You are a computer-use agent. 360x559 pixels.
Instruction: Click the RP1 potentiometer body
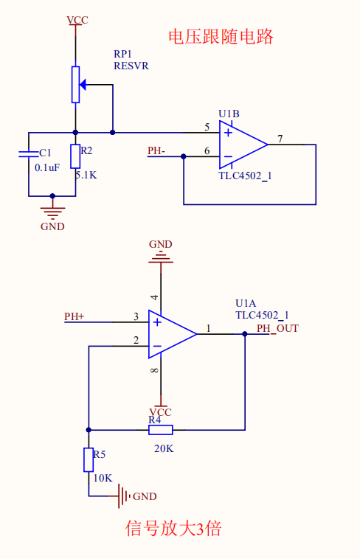pos(75,85)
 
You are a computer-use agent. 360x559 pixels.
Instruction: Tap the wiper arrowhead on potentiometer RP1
pos(83,85)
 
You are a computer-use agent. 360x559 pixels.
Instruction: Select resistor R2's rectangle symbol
pos(75,156)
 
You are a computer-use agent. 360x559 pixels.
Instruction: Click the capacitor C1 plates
pos(29,153)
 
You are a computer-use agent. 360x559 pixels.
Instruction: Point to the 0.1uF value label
pos(47,167)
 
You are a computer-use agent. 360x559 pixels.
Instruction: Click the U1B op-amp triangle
pos(243,145)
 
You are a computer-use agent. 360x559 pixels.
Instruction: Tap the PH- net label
pos(156,150)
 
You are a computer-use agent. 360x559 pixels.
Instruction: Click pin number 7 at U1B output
pos(280,139)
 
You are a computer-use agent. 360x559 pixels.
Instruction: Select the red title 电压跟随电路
pos(221,37)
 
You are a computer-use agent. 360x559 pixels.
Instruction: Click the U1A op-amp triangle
pos(173,334)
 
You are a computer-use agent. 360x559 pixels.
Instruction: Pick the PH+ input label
pos(75,316)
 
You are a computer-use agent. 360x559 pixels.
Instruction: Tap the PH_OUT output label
pos(277,328)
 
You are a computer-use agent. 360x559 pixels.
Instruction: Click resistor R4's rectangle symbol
pos(161,430)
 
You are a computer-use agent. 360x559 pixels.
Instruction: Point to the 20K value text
pos(164,448)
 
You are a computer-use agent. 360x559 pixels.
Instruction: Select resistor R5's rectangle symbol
pos(89,460)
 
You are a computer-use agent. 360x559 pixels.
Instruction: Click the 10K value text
pos(103,478)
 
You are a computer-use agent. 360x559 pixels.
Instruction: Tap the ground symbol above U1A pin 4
pos(161,258)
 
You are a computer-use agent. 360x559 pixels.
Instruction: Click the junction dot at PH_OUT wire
pos(245,334)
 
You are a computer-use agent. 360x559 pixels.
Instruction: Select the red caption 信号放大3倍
pos(173,528)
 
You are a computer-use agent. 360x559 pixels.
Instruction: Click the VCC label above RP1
pos(77,20)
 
